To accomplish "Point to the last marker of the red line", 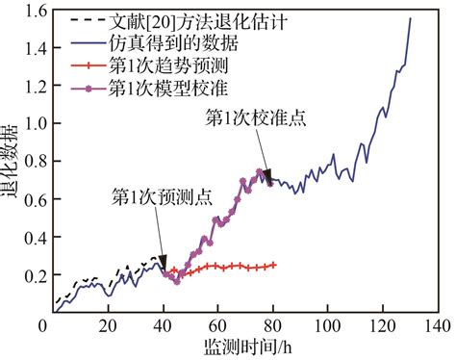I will [x=273, y=265].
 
